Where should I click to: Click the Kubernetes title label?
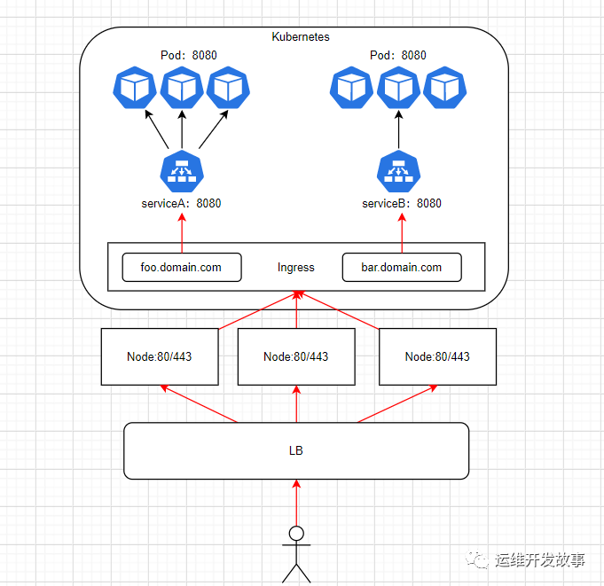(300, 37)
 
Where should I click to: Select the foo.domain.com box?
(181, 267)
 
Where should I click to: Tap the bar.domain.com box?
(402, 267)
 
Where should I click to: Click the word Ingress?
(295, 267)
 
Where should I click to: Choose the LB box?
(295, 450)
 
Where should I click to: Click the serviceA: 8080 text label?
(181, 203)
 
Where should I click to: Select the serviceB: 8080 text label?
(401, 203)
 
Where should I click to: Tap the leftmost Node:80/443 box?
(160, 356)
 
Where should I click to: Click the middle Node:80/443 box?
(296, 356)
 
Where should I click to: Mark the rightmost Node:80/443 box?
(437, 356)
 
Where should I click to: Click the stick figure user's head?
(296, 534)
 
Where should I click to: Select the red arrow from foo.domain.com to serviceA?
(182, 234)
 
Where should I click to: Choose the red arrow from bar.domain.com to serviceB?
(402, 234)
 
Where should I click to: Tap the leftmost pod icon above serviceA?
(135, 88)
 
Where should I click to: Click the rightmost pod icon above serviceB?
(444, 88)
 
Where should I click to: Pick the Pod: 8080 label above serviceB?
(397, 55)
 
